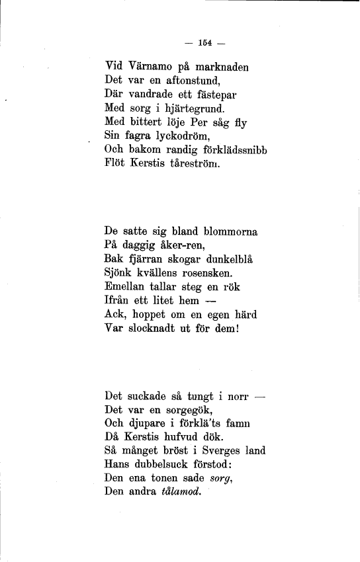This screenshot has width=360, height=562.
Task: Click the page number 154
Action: tap(204, 44)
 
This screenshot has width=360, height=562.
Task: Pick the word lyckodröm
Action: tap(172, 135)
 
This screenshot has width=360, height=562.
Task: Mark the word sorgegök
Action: tap(187, 411)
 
